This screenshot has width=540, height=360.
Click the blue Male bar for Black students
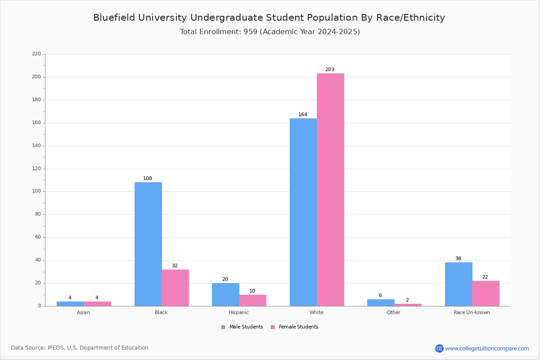(148, 244)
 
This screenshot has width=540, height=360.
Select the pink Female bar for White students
(330, 189)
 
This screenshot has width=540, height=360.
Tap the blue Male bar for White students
(303, 212)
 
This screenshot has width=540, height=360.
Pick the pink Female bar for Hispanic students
(252, 300)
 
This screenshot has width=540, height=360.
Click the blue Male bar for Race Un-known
(459, 284)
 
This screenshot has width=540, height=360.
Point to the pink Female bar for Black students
(175, 288)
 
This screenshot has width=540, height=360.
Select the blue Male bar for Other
(381, 302)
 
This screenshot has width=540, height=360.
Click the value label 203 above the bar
(330, 70)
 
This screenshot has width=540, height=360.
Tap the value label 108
(148, 179)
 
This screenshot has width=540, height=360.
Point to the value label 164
(303, 115)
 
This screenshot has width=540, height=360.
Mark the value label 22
(485, 277)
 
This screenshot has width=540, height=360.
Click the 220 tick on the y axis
(36, 54)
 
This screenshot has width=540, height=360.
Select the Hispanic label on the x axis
(238, 312)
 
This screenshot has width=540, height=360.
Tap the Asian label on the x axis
(83, 312)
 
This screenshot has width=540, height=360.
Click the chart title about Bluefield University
(269, 18)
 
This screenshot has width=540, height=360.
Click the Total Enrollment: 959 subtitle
(270, 32)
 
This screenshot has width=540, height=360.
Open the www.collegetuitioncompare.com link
(487, 348)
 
